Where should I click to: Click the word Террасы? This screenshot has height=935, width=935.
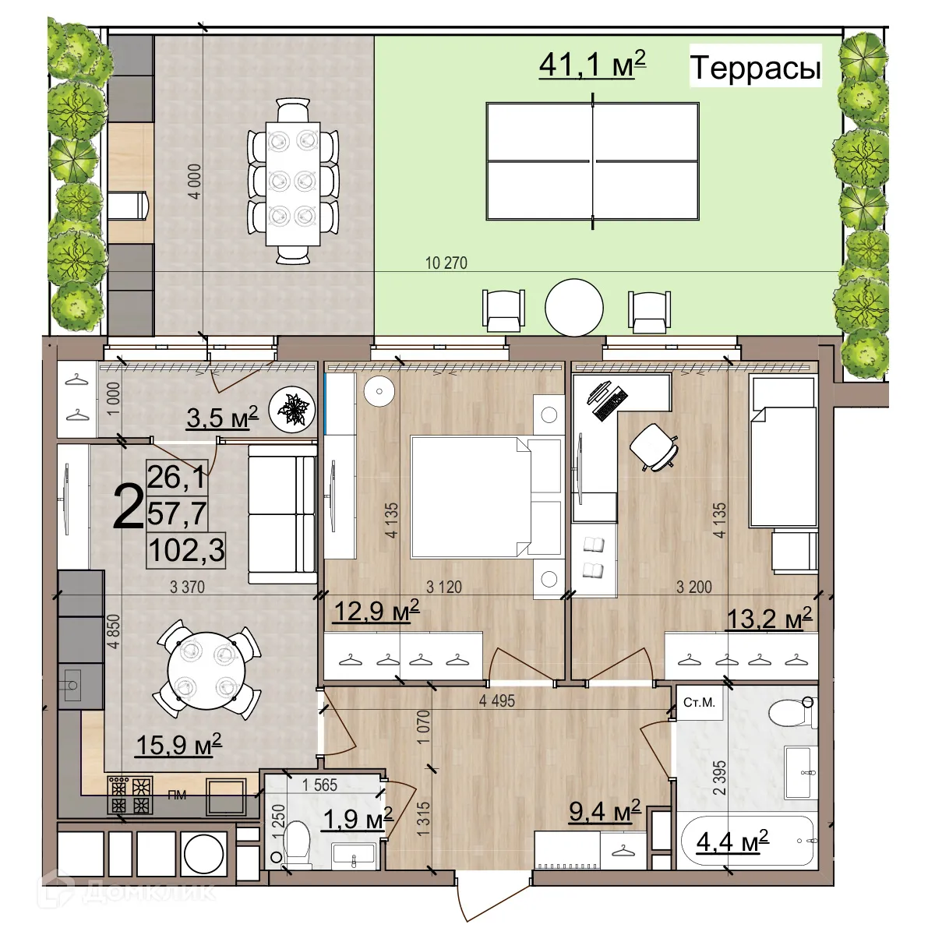click(755, 68)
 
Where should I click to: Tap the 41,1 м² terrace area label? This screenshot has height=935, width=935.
click(592, 65)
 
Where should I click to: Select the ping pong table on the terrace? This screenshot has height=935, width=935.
click(592, 161)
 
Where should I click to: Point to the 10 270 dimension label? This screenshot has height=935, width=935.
click(446, 263)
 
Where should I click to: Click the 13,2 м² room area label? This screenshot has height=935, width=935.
click(768, 619)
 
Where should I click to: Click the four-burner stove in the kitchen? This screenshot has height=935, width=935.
click(130, 795)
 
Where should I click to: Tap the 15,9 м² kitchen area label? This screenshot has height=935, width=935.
click(178, 745)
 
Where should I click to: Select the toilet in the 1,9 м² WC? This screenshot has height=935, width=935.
click(297, 844)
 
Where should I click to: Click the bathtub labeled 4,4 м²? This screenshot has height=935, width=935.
click(746, 842)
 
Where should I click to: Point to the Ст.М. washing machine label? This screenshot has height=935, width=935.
click(699, 703)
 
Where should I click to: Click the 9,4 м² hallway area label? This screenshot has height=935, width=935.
click(604, 811)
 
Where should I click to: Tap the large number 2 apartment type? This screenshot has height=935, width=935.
click(128, 507)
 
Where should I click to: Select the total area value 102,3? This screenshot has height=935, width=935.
click(186, 550)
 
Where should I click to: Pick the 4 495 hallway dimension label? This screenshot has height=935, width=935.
click(496, 701)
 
